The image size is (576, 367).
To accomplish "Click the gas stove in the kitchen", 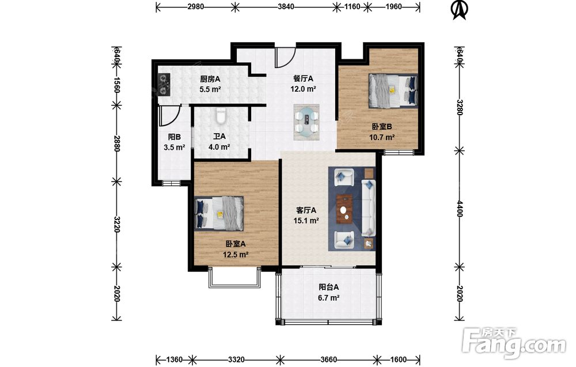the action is (x=164, y=85).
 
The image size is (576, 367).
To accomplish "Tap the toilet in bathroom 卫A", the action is (x=221, y=116).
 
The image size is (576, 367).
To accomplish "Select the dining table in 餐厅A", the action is (x=306, y=122).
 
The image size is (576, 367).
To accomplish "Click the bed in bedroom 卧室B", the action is (x=393, y=90).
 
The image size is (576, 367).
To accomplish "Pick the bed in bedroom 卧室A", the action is (x=219, y=213).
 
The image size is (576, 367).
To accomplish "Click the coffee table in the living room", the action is (x=345, y=209).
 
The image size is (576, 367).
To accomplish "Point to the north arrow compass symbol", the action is (x=459, y=10).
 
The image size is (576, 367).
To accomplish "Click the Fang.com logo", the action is (x=514, y=343).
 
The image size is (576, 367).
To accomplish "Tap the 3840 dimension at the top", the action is (x=286, y=6).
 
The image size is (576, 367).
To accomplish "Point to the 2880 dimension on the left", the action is (x=116, y=143).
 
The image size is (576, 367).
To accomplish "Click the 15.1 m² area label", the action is (x=306, y=221).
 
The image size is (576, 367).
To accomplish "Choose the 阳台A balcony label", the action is (x=328, y=287).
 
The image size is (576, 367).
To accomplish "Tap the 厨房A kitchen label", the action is (x=210, y=78).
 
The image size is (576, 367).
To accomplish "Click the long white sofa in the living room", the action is (x=369, y=207).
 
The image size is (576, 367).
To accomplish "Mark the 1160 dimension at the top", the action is (x=352, y=6).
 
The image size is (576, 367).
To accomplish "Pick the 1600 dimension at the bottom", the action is (x=398, y=360).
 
